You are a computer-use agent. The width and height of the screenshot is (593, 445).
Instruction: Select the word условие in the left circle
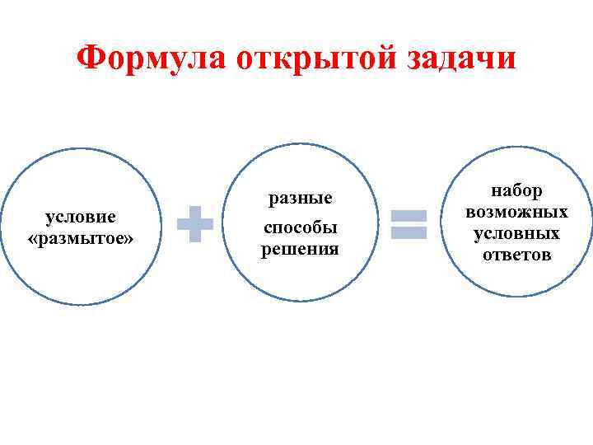pyautogui.click(x=80, y=217)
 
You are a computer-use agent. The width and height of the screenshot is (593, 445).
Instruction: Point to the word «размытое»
pyautogui.click(x=80, y=238)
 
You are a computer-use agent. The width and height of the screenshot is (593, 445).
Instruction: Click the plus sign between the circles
pyautogui.click(x=195, y=224)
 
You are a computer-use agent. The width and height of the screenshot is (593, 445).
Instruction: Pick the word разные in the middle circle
pyautogui.click(x=300, y=199)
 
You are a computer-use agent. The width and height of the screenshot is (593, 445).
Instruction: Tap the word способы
pyautogui.click(x=300, y=228)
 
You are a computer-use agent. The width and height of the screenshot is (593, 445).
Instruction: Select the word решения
pyautogui.click(x=300, y=248)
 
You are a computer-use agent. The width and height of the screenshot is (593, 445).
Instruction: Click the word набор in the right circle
pyautogui.click(x=517, y=190)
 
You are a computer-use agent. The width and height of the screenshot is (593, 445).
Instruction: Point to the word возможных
pyautogui.click(x=517, y=212)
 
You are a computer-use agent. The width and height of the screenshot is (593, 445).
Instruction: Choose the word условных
pyautogui.click(x=517, y=233)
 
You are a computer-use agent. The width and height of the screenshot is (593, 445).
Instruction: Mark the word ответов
pyautogui.click(x=517, y=255)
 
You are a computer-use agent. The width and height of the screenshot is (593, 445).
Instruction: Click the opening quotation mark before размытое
pyautogui.click(x=31, y=239)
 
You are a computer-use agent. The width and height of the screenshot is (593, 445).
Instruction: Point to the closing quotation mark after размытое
pyautogui.click(x=128, y=239)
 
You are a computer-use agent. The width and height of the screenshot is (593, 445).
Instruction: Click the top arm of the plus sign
pyautogui.click(x=195, y=213)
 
